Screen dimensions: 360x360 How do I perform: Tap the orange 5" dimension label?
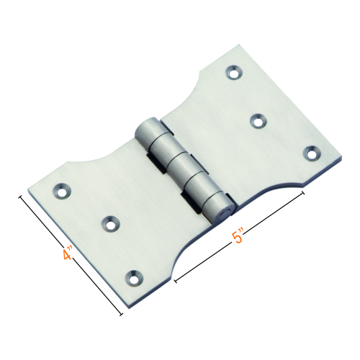point(240,237)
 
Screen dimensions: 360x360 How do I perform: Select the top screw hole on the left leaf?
point(62,192)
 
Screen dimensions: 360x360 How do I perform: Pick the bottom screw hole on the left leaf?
point(134,275)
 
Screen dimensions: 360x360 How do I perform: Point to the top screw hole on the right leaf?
point(235,72)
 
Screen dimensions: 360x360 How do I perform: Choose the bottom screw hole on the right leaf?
point(310,152)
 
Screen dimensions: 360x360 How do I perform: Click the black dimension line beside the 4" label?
point(72,256)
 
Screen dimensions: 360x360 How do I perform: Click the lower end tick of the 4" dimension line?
point(121,315)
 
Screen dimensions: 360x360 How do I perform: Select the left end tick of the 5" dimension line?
point(174,275)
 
